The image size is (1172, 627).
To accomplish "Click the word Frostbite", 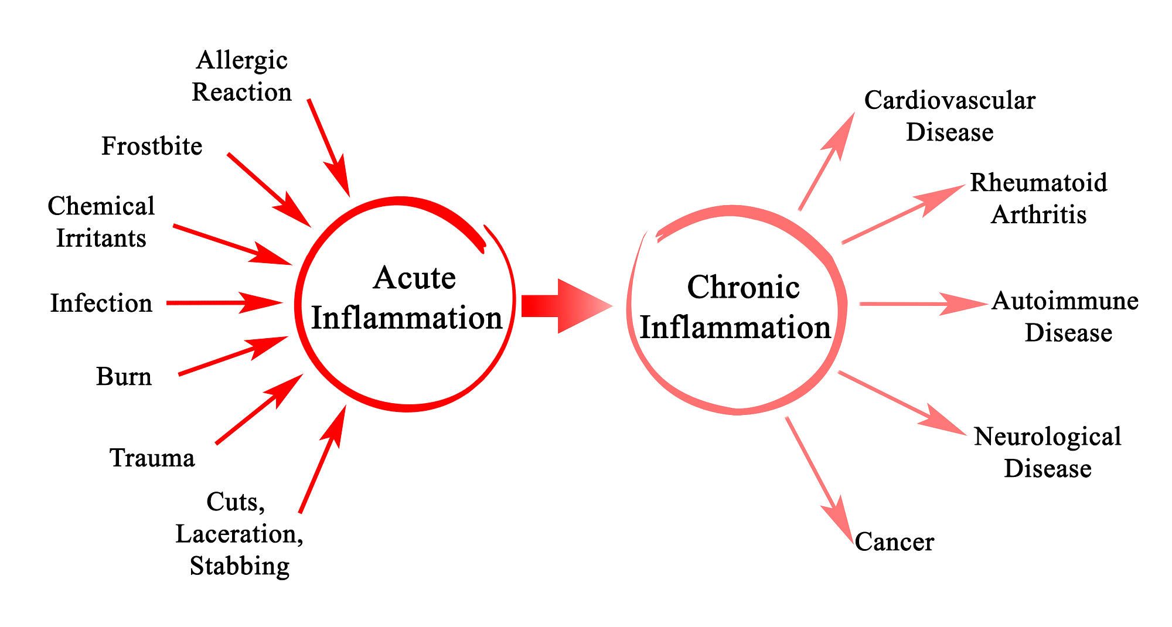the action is tap(152, 146).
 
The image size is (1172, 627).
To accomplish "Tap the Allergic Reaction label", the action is tap(241, 76).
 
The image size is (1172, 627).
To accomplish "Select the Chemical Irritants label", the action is tap(101, 222).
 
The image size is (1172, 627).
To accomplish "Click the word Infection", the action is tap(101, 303).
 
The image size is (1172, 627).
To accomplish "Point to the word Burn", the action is tap(124, 376).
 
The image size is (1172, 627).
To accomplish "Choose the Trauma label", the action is tap(152, 458).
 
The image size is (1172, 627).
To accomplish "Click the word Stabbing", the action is tap(240, 567).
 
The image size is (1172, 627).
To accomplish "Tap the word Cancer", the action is tap(894, 541).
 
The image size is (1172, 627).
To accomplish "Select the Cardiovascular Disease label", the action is tap(950, 116).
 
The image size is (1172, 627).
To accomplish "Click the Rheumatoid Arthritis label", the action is tap(1038, 198).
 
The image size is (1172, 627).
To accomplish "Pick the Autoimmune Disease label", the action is tap(1065, 316).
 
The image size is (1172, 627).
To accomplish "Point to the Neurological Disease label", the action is tap(1048, 452).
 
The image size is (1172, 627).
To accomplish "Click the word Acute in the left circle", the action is tap(414, 278).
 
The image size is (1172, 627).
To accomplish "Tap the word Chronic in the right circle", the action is tap(743, 287).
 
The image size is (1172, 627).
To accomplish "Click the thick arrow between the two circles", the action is tap(566, 306).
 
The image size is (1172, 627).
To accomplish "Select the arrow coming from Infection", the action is tap(225, 303).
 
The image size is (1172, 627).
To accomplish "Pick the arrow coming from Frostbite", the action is tap(270, 190).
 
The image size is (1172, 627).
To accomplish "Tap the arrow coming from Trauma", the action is tap(260, 409).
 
